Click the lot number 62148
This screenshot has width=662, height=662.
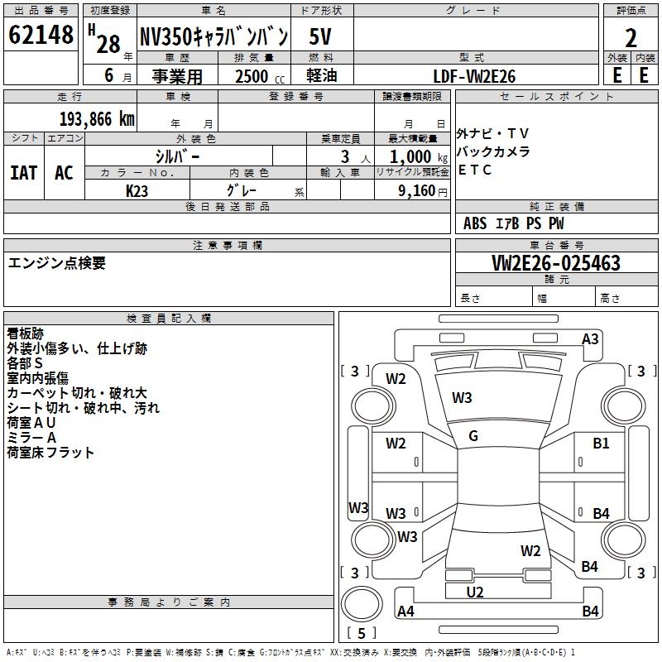41,36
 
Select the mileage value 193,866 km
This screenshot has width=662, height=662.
97,118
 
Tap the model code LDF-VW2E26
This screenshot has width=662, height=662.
474,76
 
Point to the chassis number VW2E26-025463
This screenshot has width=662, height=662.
555,263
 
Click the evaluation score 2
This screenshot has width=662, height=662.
631,38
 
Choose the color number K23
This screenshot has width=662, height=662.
137,190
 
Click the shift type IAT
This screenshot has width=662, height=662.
23,173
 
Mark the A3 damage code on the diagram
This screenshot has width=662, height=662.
590,338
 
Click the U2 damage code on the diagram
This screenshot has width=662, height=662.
475,592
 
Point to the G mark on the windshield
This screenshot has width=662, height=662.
473,436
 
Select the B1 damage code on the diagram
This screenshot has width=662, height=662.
601,444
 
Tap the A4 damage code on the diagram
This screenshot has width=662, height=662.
405,612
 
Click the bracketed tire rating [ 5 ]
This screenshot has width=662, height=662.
361,633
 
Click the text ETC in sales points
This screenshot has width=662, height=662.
475,170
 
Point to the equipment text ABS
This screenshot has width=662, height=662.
475,223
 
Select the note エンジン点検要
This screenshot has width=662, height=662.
57,263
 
